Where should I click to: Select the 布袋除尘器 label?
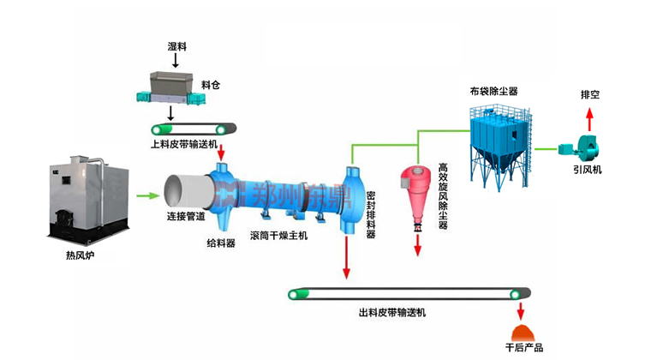tap(493, 90)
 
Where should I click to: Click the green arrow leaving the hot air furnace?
tap(147, 196)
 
